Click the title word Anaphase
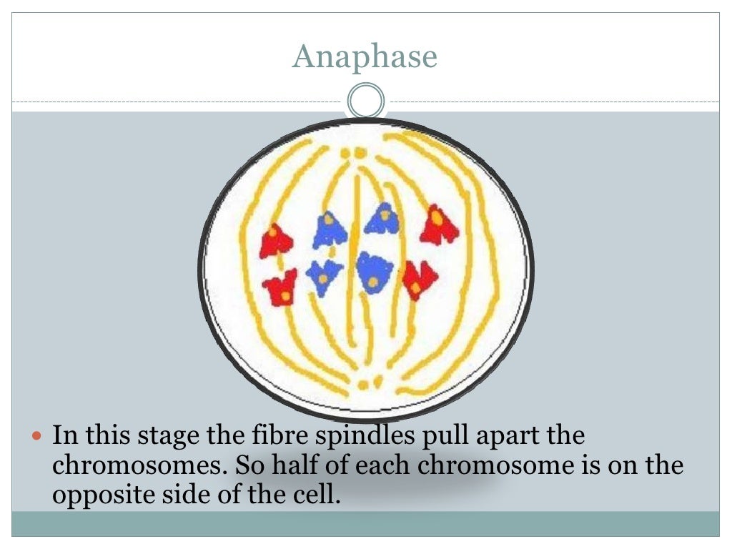(x=365, y=56)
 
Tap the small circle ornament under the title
(x=366, y=101)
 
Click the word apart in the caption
(x=486, y=436)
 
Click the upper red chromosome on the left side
(x=275, y=241)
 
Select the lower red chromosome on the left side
(x=280, y=288)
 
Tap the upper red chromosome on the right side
(x=438, y=225)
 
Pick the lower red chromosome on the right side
(x=418, y=279)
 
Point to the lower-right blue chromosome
(x=374, y=272)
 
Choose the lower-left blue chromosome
(x=324, y=276)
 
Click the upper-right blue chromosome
(x=382, y=219)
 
